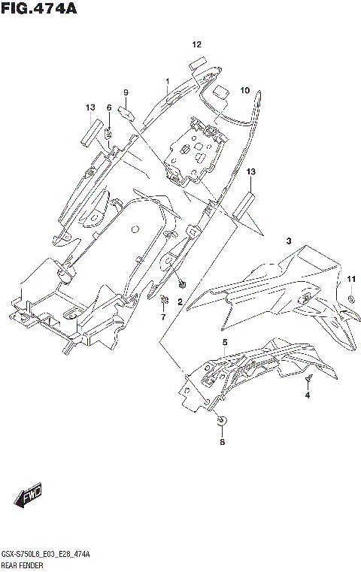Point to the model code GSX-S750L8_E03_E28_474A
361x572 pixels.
pyautogui.click(x=46, y=553)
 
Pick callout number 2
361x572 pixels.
pyautogui.click(x=180, y=301)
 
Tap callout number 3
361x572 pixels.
pyautogui.click(x=287, y=241)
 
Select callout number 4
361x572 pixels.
pyautogui.click(x=307, y=397)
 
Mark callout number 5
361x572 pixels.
pyautogui.click(x=224, y=343)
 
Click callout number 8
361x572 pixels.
pyautogui.click(x=222, y=443)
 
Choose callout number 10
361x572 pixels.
pyautogui.click(x=244, y=91)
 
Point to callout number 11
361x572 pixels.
pyautogui.click(x=351, y=280)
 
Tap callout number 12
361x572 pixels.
pyautogui.click(x=196, y=45)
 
